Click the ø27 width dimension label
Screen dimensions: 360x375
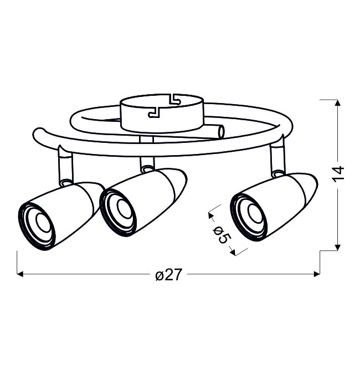pyautogui.click(x=168, y=275)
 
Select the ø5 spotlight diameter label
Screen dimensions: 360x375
pyautogui.click(x=222, y=235)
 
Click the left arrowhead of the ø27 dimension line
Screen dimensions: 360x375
pyautogui.click(x=20, y=274)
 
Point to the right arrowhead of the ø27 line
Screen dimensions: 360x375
pyautogui.click(x=317, y=274)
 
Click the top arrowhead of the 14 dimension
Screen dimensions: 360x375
pyautogui.click(x=337, y=103)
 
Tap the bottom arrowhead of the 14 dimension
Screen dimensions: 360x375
pyautogui.click(x=337, y=247)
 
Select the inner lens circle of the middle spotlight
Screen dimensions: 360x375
pyautogui.click(x=124, y=208)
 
